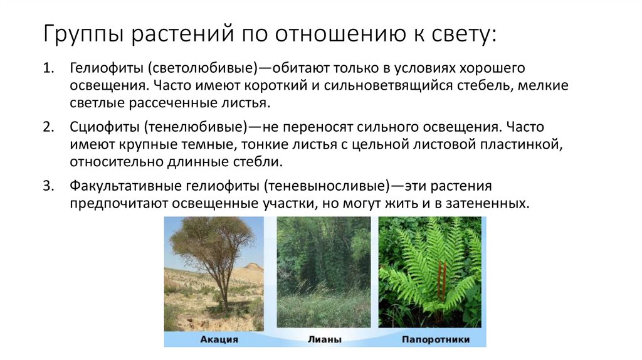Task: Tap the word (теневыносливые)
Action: coord(327,186)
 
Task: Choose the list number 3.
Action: coord(49,186)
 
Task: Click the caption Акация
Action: coord(219,340)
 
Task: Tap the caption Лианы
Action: coord(325,340)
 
